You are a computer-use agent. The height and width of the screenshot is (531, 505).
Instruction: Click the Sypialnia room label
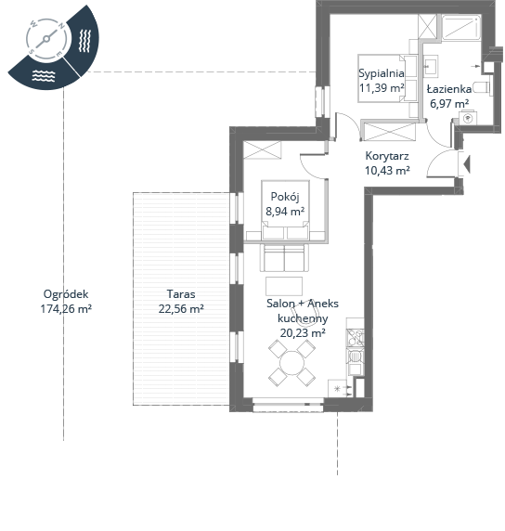(x=381, y=73)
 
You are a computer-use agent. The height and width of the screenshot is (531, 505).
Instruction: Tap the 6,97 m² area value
(x=449, y=103)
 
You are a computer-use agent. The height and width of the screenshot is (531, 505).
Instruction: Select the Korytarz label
(x=387, y=156)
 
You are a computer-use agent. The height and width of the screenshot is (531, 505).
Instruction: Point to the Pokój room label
(x=285, y=197)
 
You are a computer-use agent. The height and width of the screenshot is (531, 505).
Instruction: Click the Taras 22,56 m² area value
(x=181, y=309)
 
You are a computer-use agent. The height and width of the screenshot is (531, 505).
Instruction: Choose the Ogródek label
(x=66, y=294)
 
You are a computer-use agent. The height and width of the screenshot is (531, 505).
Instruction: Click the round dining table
(x=291, y=363)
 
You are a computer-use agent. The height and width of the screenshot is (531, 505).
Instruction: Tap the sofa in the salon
(x=284, y=258)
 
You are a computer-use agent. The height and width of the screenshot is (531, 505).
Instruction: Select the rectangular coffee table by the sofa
(x=284, y=286)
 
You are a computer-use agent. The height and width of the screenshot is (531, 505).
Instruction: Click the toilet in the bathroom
(x=482, y=87)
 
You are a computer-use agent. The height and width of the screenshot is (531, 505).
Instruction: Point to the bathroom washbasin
(x=431, y=65)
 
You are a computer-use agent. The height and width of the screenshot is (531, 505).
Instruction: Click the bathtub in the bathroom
(x=461, y=28)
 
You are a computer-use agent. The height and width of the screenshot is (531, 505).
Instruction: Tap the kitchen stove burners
(x=355, y=338)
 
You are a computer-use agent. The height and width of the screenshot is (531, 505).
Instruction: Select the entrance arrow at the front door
(x=467, y=164)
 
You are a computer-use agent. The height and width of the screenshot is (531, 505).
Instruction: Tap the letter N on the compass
(x=61, y=26)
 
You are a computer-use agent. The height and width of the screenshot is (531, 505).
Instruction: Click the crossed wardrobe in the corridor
(x=389, y=132)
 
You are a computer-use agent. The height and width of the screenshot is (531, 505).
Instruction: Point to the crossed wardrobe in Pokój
(x=262, y=150)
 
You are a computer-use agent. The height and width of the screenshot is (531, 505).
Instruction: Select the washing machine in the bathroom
(x=468, y=118)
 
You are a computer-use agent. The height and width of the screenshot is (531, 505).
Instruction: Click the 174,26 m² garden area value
(x=66, y=309)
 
